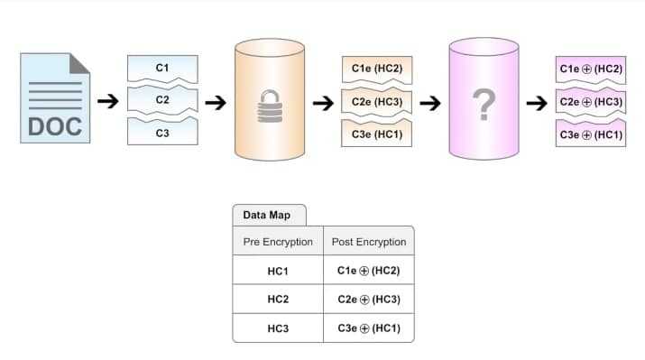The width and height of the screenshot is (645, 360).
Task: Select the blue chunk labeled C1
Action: (x=162, y=69)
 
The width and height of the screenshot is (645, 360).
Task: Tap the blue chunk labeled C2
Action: (x=162, y=100)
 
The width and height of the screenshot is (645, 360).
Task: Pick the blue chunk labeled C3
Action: (x=162, y=132)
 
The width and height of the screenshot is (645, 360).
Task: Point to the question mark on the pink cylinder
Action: (x=485, y=104)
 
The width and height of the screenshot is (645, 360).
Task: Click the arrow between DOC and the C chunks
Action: (x=107, y=102)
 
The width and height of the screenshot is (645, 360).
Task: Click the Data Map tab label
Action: (x=269, y=216)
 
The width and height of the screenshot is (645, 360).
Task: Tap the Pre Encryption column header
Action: (x=278, y=242)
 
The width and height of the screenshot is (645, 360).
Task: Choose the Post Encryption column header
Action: (x=368, y=242)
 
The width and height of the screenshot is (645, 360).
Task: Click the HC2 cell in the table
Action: (x=278, y=299)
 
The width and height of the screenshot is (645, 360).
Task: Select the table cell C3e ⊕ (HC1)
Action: (x=368, y=327)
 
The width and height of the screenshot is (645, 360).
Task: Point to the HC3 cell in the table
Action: (x=278, y=327)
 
